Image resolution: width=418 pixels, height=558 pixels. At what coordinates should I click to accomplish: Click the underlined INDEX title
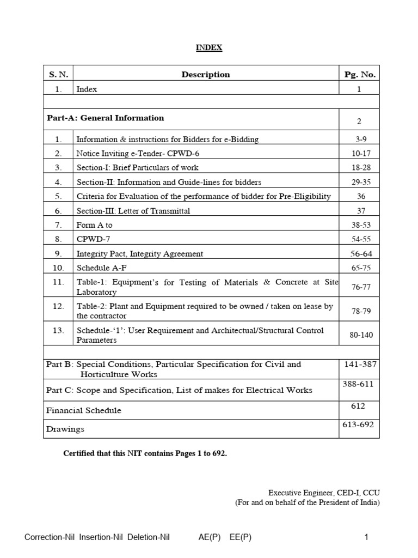coord(209,48)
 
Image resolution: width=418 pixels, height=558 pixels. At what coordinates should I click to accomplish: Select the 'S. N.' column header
coord(58,75)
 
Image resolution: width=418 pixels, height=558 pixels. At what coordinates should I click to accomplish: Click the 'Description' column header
coord(206,75)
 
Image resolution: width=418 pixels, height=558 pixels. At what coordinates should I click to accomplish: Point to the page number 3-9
coord(359,139)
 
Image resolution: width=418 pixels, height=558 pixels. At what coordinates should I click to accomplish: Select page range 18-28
coord(359,168)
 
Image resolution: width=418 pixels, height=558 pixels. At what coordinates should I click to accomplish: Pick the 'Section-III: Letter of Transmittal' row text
coord(133,211)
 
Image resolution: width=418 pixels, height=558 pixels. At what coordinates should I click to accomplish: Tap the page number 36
coord(359,196)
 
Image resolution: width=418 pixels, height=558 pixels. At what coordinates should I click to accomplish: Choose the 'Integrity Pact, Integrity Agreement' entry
coord(140,253)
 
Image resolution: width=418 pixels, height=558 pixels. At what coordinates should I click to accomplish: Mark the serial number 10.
coord(58,268)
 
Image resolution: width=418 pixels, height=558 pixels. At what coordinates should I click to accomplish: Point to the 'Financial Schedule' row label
coord(84,410)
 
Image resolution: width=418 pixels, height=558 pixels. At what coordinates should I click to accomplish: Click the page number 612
coord(359,407)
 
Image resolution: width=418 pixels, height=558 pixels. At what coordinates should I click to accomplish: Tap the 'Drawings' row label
coord(65,429)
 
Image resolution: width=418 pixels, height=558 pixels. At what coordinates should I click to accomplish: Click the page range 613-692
coord(359,425)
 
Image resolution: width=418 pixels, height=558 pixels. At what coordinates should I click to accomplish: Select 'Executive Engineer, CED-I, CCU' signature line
coord(324,492)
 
